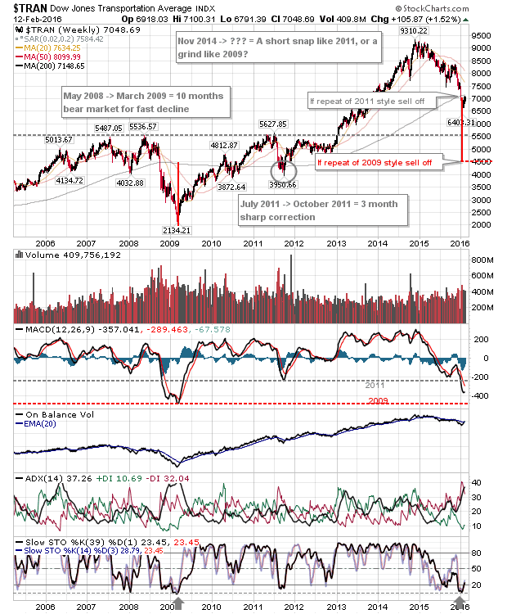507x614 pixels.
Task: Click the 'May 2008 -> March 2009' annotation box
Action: pos(146,102)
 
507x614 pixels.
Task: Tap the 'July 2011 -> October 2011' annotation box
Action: pos(321,209)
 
